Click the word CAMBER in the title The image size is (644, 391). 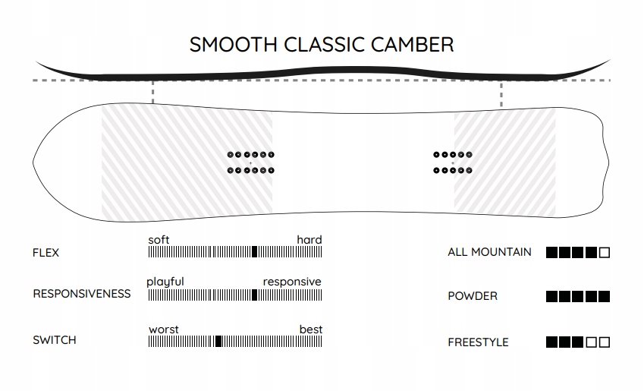(412, 44)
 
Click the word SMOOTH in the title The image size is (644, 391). (234, 44)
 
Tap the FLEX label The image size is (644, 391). (46, 253)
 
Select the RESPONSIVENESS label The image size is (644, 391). (82, 294)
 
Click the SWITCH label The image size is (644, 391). (54, 340)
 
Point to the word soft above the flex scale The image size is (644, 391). (159, 240)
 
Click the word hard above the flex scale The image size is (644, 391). (309, 240)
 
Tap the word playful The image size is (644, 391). (165, 282)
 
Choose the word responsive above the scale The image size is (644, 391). (292, 282)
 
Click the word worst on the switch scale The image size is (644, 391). (163, 330)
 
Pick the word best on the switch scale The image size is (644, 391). (311, 330)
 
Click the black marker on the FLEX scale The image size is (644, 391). (254, 251)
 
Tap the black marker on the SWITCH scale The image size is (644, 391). (218, 341)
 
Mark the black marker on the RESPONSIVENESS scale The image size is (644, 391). (254, 295)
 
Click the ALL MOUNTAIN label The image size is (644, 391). (489, 252)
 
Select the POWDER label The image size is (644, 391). (473, 296)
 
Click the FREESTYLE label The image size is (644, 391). (478, 342)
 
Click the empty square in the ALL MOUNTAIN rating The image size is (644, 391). (604, 253)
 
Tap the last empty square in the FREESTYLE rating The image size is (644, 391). (604, 342)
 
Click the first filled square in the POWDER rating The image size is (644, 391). (551, 296)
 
